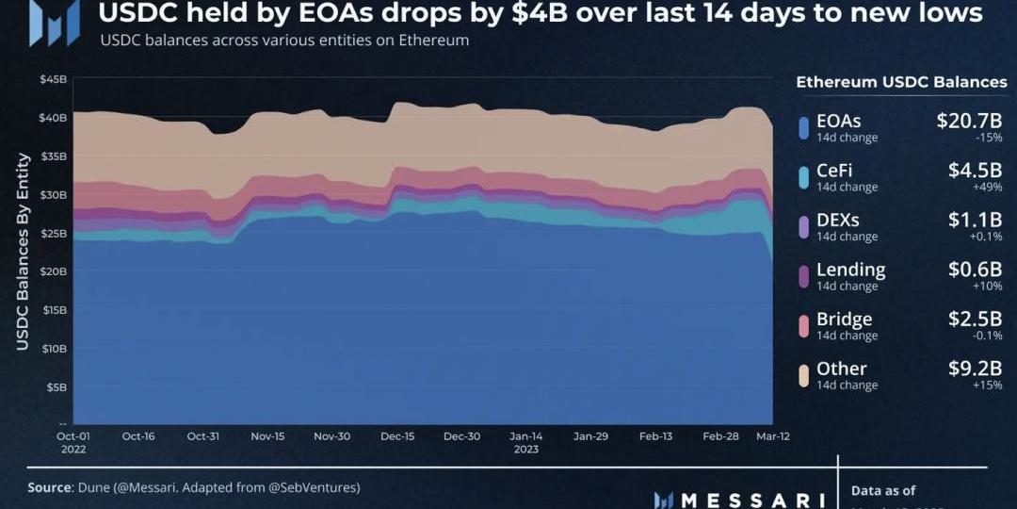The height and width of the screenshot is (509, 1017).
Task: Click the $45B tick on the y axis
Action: (53, 79)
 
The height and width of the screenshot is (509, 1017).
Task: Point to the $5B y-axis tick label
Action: (56, 386)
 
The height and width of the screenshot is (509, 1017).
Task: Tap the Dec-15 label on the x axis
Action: (397, 436)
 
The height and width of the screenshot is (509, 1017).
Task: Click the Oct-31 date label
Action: (202, 436)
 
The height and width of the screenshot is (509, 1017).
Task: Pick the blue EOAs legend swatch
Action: (803, 128)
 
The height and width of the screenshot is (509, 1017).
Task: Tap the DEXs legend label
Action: (838, 220)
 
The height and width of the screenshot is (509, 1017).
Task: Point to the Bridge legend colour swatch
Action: (803, 326)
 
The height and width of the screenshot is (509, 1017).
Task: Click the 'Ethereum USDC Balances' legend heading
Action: (901, 82)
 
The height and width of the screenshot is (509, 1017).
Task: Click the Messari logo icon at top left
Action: (54, 24)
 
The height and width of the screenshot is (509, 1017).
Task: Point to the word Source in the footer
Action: (50, 487)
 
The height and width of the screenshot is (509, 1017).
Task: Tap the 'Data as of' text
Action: (882, 490)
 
